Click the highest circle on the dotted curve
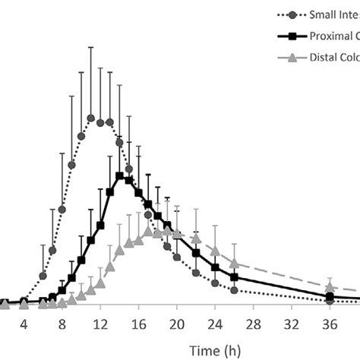pos(90,117)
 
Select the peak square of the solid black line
pos(119,175)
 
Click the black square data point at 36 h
pos(330,295)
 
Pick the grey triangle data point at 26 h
pos(235,263)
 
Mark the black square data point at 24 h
pos(215,267)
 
